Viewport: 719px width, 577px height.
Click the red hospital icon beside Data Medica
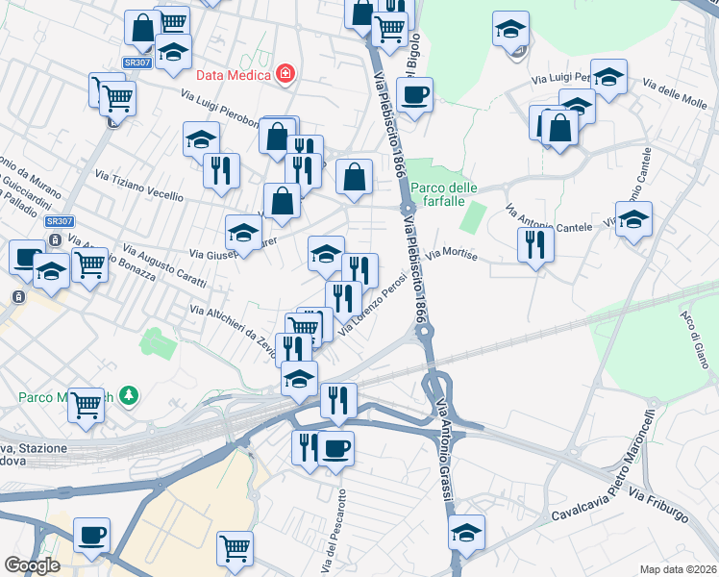pyautogui.click(x=285, y=74)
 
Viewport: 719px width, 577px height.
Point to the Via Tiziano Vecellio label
pyautogui.click(x=138, y=185)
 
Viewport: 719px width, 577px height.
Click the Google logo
pyautogui.click(x=32, y=565)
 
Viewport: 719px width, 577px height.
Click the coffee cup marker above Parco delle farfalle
pyautogui.click(x=414, y=95)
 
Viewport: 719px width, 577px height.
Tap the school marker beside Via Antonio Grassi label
pyautogui.click(x=467, y=532)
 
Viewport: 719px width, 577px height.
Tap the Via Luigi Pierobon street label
pyautogui.click(x=222, y=108)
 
